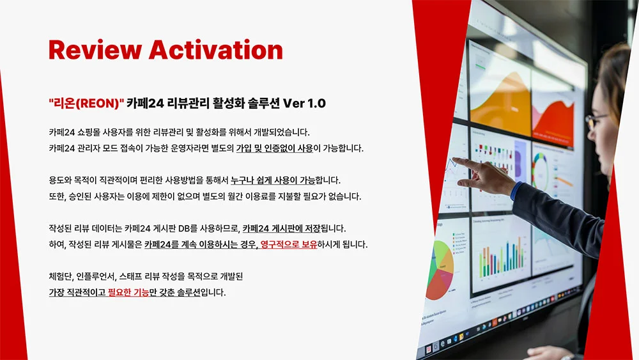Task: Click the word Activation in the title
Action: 215,50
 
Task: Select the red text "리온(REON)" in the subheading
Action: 86,102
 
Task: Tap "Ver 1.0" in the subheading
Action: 304,102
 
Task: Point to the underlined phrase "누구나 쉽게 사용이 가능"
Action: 282,180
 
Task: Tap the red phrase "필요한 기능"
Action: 128,292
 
